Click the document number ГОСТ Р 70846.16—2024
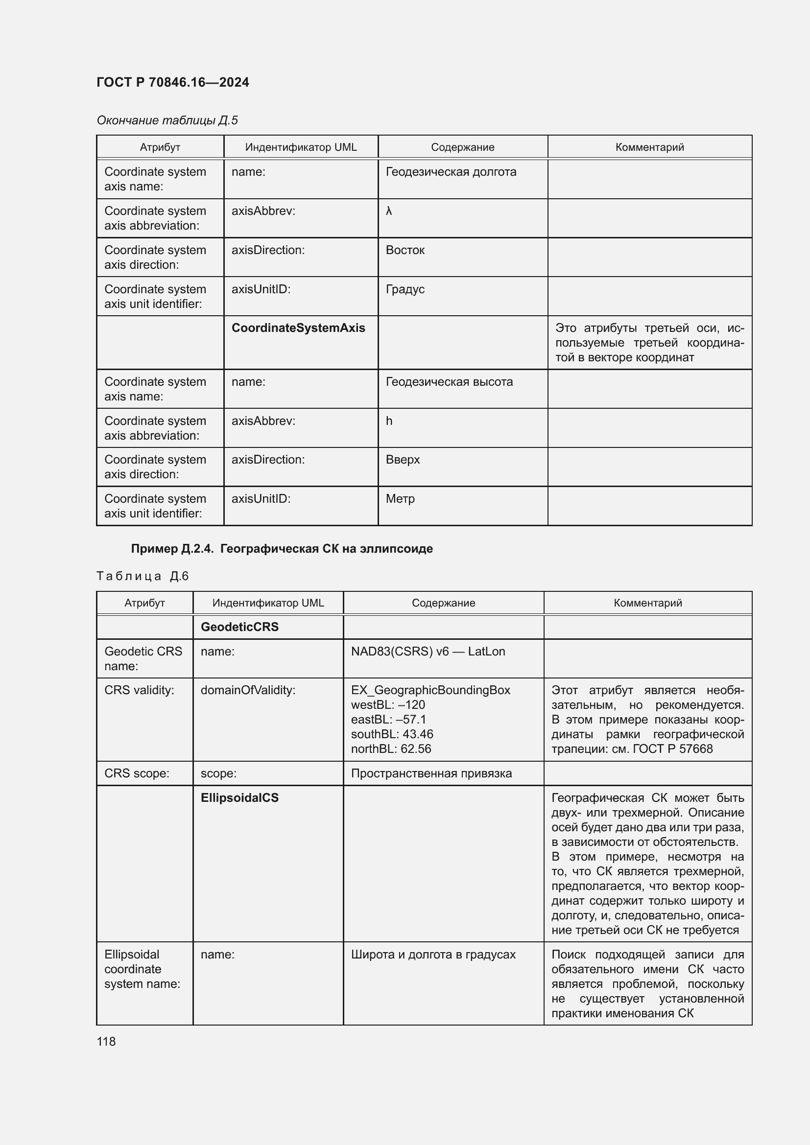[x=172, y=82]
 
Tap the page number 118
[x=106, y=1041]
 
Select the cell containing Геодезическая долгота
[x=451, y=172]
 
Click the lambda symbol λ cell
[x=389, y=211]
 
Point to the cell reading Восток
[x=405, y=250]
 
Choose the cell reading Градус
[x=405, y=289]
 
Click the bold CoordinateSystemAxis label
[x=298, y=328]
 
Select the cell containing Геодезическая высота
[x=449, y=382]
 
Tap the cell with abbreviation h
[x=389, y=421]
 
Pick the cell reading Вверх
[x=403, y=460]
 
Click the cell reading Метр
[x=400, y=499]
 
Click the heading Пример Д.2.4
[x=281, y=549]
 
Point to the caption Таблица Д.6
[x=142, y=576]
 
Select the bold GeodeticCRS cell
[x=239, y=627]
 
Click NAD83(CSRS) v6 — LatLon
[x=428, y=651]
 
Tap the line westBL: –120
[x=387, y=704]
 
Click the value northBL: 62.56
[x=390, y=748]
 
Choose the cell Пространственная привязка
[x=431, y=773]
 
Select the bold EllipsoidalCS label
[x=239, y=798]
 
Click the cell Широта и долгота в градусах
[x=433, y=955]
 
